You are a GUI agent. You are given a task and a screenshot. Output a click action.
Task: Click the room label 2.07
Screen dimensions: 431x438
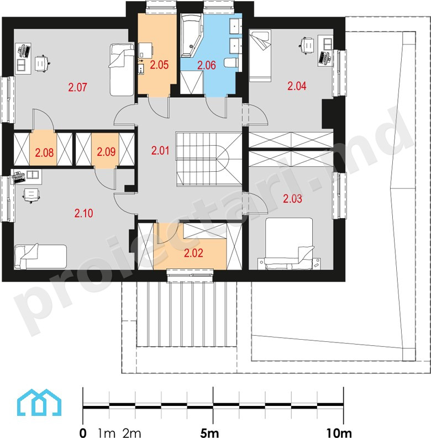point(77,87)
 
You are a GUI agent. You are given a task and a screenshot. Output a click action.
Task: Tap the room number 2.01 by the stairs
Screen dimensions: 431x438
point(160,151)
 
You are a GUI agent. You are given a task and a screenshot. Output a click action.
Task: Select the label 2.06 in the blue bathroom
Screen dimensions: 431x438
point(207,65)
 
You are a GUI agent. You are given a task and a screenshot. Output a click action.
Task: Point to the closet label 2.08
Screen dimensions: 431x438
point(44,152)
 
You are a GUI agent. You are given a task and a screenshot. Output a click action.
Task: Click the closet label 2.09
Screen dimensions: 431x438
point(106,152)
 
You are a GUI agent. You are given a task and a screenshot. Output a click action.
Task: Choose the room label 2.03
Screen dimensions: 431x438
point(292,199)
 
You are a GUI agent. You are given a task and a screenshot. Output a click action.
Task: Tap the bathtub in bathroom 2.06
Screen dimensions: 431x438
point(191,35)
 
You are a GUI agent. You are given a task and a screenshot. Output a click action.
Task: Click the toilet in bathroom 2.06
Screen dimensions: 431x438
point(231,62)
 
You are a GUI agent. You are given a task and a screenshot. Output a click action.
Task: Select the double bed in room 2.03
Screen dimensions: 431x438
point(289,244)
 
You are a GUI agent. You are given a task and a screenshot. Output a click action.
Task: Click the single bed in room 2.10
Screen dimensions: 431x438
point(40,256)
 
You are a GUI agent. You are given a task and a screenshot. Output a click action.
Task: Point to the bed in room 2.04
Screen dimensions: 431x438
point(260,56)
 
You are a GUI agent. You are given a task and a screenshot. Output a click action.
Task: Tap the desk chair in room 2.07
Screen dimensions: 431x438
point(42,64)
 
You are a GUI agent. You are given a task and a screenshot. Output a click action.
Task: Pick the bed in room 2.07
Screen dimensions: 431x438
point(122,69)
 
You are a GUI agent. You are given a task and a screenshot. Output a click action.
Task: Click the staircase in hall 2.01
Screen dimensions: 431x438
point(209,159)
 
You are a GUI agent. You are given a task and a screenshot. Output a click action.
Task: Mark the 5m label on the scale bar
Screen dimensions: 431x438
point(209,433)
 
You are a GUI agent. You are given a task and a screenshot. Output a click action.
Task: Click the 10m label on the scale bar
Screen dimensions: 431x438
point(339,433)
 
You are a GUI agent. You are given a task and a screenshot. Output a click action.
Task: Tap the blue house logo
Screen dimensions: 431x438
point(39,402)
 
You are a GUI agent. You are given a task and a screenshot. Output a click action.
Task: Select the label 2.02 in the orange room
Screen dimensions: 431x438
point(193,253)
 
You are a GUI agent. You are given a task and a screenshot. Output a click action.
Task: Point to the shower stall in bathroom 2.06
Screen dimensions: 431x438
point(191,82)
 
